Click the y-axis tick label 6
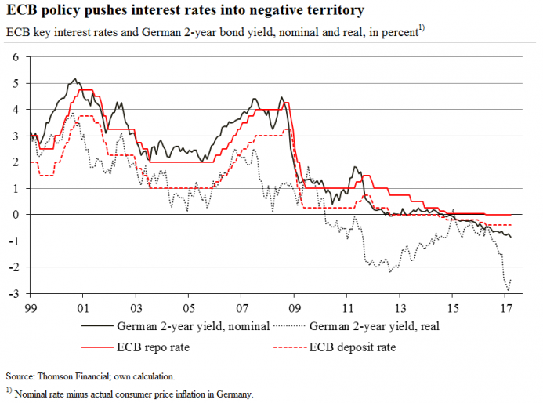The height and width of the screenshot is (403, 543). tap(15, 57)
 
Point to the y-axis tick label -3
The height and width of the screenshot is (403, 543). tap(13, 294)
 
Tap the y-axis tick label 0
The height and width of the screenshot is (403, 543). tap(15, 215)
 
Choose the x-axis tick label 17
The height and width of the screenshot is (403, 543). tap(506, 308)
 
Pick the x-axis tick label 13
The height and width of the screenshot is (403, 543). tap(400, 308)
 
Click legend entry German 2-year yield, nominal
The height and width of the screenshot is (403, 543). tap(194, 325)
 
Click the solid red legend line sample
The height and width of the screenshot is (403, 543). tap(96, 347)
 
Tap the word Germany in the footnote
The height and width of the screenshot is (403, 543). tap(236, 393)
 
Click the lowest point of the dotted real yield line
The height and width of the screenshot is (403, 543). tap(508, 290)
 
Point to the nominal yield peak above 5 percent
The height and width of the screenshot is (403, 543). tap(74, 78)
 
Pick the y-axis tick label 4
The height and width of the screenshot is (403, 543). tap(15, 110)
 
